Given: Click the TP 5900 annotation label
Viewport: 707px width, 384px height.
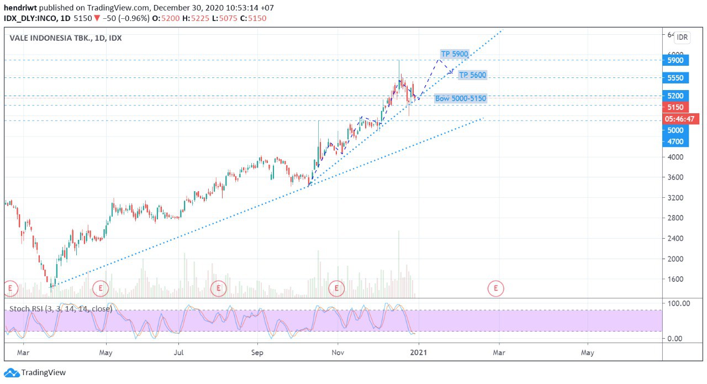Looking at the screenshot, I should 454,54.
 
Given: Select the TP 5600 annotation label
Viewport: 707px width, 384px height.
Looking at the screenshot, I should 472,75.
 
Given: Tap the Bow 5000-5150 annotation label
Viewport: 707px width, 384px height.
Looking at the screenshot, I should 461,98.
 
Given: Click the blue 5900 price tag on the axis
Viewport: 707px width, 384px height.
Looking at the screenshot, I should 675,60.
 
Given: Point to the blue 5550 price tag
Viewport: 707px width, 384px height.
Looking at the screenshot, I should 675,78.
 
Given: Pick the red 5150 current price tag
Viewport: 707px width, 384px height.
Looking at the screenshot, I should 675,107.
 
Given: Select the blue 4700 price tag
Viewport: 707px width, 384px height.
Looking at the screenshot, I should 675,141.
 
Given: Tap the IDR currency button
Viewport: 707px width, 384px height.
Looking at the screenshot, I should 682,38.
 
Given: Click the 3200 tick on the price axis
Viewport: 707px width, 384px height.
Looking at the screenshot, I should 675,197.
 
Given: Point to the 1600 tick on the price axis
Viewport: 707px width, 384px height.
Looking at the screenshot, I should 675,279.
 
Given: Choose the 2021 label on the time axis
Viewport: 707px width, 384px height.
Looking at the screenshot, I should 419,352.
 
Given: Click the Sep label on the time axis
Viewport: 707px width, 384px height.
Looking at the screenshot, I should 257,352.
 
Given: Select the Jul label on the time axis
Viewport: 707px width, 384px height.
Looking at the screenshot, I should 178,352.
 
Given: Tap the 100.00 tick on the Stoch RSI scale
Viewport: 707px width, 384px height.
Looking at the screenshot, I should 678,303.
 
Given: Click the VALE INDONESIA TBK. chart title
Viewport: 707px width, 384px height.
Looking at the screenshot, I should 66,38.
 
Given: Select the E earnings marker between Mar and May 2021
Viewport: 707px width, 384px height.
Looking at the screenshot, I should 496,287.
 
